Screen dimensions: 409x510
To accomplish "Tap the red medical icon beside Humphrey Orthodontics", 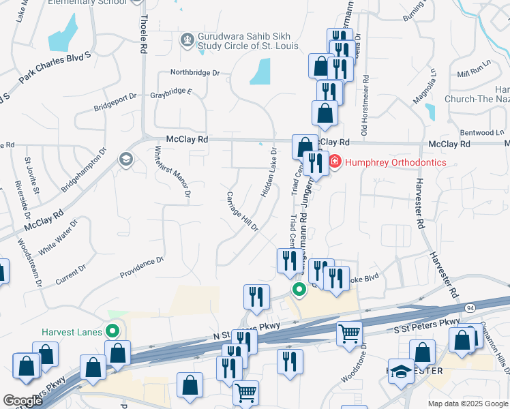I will click(335, 162).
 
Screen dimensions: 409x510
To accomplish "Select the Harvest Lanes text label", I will click(72, 332).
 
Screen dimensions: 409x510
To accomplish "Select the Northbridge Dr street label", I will click(195, 72).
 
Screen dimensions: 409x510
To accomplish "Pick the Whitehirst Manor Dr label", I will click(172, 171).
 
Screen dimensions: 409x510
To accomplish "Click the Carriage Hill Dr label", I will click(241, 211).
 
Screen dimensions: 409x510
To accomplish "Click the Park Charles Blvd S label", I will click(55, 67).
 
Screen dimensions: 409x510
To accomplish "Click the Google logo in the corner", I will click(23, 401).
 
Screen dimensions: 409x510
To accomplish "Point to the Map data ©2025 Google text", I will click(467, 404).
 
